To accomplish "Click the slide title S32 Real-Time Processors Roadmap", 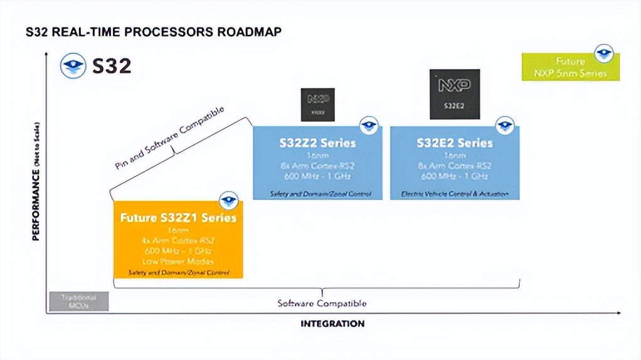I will (153, 32).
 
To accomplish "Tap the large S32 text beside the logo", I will (112, 66).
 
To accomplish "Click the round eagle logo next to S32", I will (73, 66).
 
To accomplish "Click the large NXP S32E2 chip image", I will (455, 94).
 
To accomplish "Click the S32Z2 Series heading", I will (317, 143).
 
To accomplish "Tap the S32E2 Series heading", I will (455, 143).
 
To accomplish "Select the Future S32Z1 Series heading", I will (178, 218).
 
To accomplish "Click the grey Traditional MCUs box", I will (79, 301).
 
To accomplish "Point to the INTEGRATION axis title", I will (332, 324).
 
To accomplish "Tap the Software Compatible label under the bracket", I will (322, 304).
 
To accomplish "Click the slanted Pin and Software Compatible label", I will (169, 139).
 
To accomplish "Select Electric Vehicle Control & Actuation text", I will (455, 194).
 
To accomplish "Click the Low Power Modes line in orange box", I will (178, 261).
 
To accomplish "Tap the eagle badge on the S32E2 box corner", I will (505, 126).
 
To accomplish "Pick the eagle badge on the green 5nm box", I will (604, 53).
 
